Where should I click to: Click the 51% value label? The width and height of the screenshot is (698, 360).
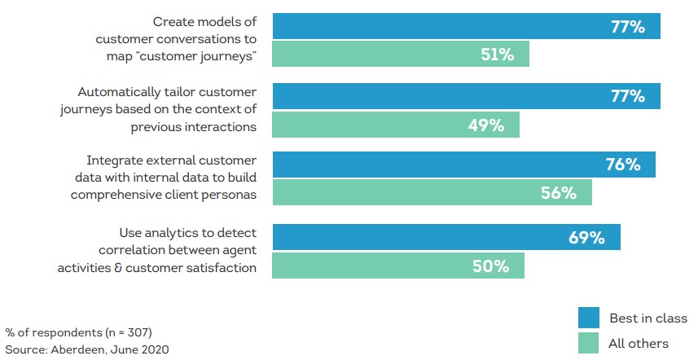click(x=496, y=55)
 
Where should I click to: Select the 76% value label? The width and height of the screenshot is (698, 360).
click(x=623, y=165)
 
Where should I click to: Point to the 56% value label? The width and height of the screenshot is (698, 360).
click(x=559, y=193)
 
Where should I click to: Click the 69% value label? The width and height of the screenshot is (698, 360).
click(x=586, y=238)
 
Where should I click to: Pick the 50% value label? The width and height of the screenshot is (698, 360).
click(x=491, y=266)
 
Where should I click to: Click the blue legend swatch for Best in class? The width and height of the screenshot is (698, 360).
click(x=589, y=317)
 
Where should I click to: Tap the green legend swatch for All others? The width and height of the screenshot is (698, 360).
click(x=589, y=343)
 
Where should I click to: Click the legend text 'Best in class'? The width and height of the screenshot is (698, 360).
click(x=648, y=318)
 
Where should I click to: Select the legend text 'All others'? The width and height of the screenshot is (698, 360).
click(x=639, y=344)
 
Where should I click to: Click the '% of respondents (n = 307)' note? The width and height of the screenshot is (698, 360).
click(x=78, y=332)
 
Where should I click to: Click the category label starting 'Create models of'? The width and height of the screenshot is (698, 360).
click(x=176, y=39)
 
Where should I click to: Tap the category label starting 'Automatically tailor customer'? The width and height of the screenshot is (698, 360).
click(x=167, y=109)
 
